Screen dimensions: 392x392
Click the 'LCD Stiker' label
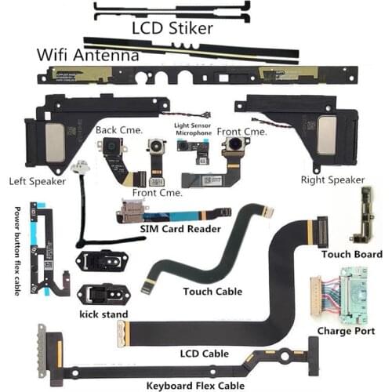click(172, 28)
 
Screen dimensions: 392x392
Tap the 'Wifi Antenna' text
click(88, 55)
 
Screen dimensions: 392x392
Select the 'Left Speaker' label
click(38, 181)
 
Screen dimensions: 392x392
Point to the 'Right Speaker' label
click(332, 180)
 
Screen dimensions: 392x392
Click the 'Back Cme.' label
click(119, 130)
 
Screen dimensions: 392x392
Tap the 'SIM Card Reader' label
click(180, 229)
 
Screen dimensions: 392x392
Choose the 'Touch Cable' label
click(212, 292)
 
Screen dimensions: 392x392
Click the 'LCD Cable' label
click(205, 354)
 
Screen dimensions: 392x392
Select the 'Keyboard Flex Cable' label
click(195, 386)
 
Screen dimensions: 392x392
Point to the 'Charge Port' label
click(346, 331)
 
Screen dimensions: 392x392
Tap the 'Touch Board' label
click(352, 254)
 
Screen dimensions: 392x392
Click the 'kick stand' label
click(103, 314)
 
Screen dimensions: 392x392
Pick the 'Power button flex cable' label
click(17, 251)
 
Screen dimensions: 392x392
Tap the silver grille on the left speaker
click(55, 143)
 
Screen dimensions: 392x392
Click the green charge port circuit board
click(354, 296)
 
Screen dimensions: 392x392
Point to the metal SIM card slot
click(132, 210)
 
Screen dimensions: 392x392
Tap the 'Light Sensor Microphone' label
click(193, 129)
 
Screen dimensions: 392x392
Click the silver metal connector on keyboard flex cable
click(42, 351)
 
